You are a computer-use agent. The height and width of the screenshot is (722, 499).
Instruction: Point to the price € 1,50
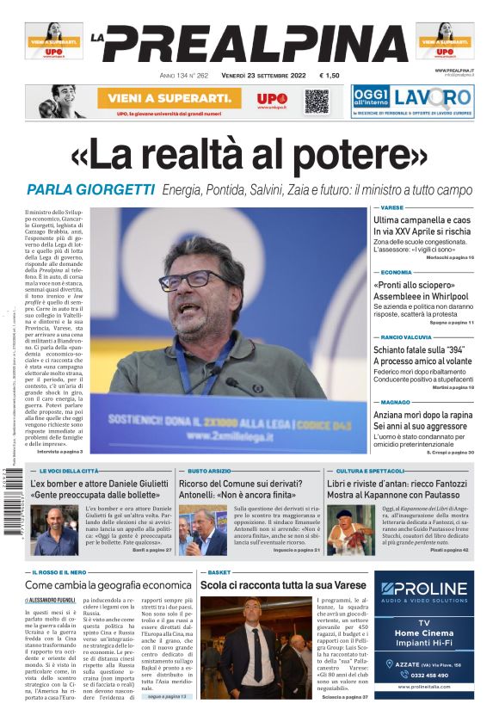[330, 76]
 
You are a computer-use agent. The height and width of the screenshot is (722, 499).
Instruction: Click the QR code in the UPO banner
[317, 101]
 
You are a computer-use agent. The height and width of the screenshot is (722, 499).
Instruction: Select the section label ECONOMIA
[397, 272]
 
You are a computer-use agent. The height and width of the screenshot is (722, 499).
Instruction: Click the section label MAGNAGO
[396, 401]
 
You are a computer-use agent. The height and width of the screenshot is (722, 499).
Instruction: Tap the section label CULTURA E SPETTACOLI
[370, 472]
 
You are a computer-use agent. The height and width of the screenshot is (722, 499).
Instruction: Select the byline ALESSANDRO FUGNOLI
[55, 600]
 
